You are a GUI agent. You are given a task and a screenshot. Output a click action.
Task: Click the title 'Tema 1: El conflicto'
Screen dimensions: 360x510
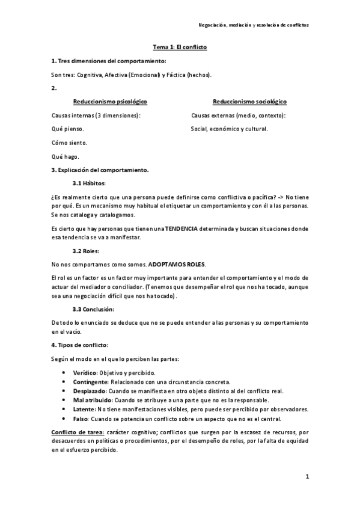pos(180,47)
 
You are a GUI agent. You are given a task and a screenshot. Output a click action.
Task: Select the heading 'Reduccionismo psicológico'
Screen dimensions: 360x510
pos(110,102)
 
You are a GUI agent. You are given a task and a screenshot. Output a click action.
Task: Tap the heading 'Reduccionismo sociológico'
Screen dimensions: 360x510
pos(249,102)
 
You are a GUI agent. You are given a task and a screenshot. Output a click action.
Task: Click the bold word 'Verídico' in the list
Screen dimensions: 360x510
pos(85,373)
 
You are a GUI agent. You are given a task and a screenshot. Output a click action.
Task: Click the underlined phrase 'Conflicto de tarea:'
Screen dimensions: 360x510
pos(78,432)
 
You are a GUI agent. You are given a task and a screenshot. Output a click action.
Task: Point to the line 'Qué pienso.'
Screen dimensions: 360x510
pos(68,129)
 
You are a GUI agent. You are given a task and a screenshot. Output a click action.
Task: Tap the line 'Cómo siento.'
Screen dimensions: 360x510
pos(69,143)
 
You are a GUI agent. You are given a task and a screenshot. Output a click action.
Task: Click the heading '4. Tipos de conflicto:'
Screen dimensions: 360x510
pos(80,345)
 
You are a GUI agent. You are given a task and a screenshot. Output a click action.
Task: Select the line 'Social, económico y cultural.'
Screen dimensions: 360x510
pos(229,129)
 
